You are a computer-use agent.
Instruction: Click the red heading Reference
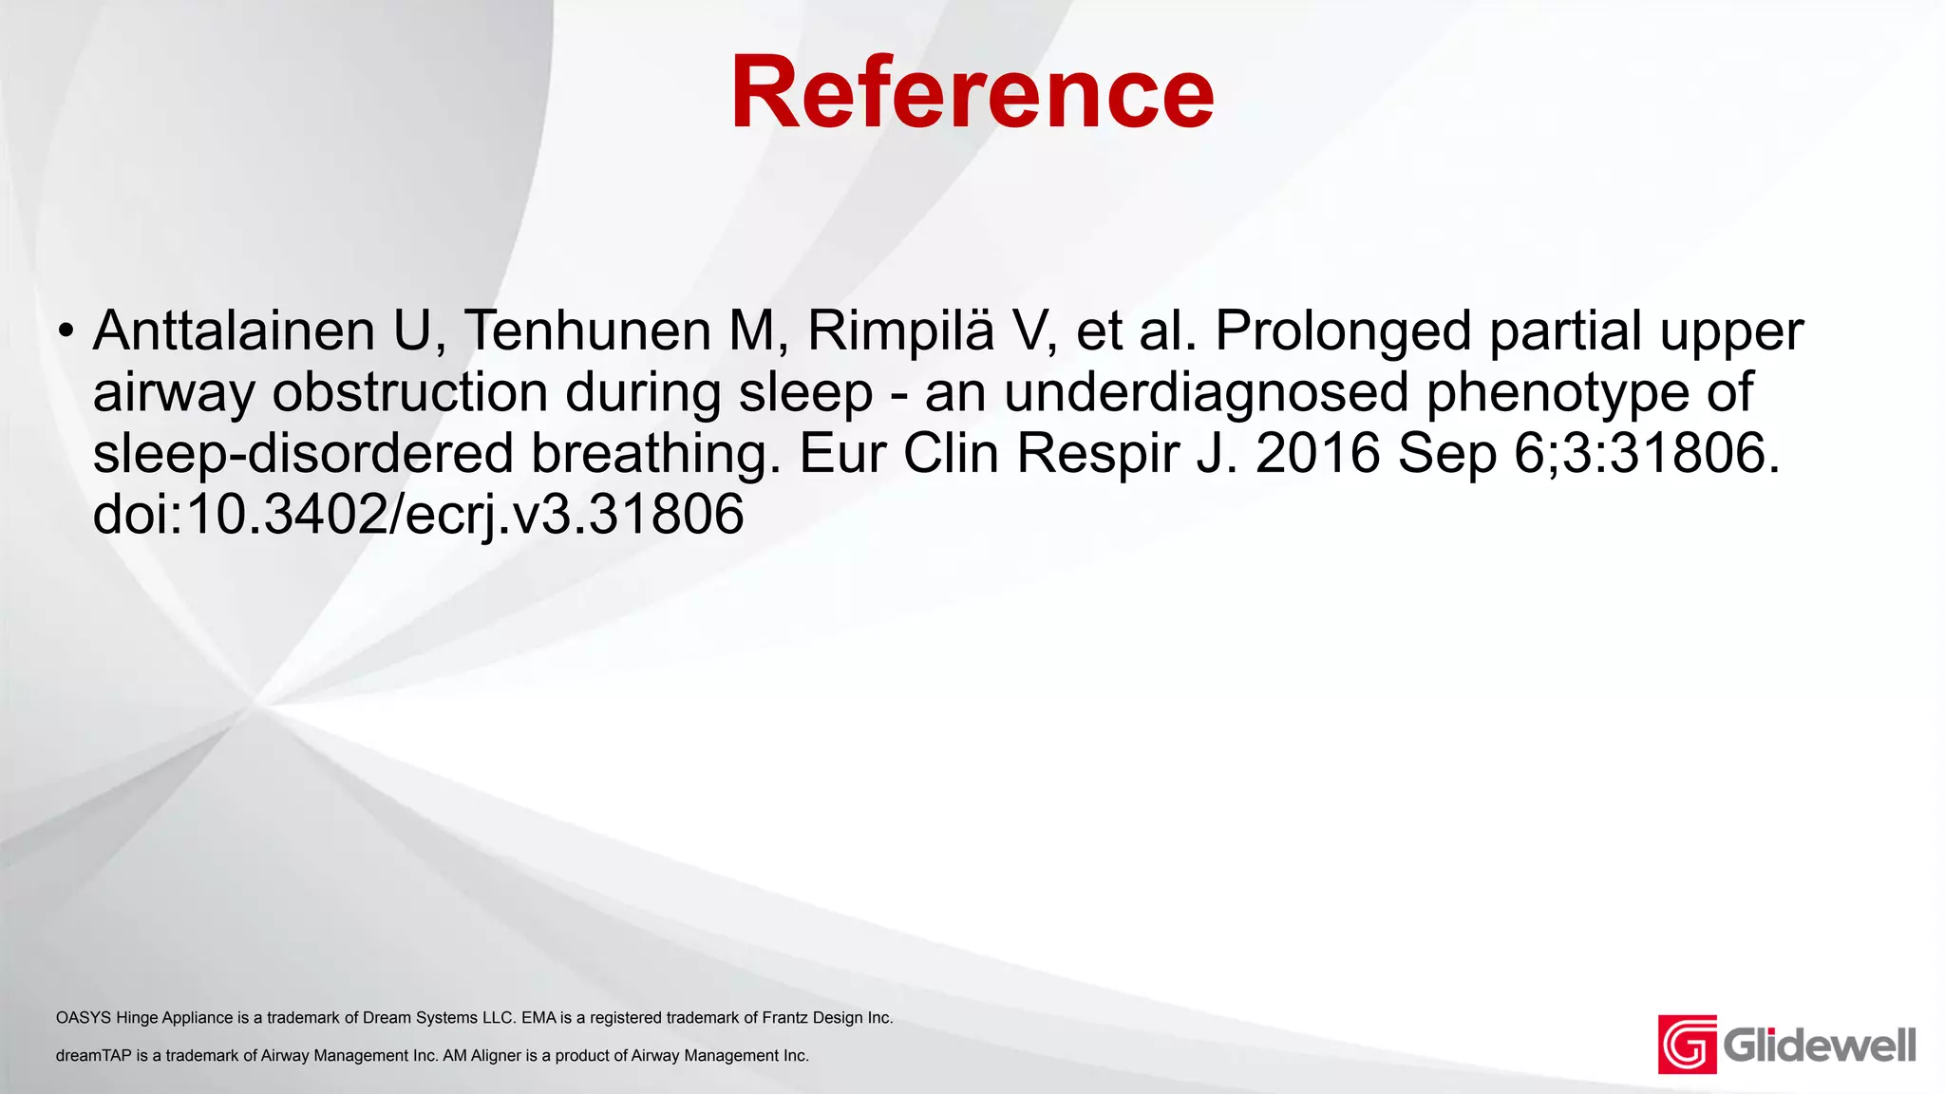[x=972, y=92]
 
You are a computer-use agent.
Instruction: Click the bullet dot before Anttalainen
[x=65, y=331]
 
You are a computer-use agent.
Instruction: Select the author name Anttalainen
[x=234, y=330]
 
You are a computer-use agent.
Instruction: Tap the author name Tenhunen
[x=587, y=330]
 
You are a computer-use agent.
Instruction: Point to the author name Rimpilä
[x=900, y=330]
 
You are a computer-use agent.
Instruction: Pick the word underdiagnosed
[x=1206, y=392]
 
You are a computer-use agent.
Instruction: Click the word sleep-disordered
[x=303, y=453]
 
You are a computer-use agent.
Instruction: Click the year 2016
[x=1318, y=453]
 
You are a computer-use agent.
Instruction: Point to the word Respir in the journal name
[x=1098, y=454]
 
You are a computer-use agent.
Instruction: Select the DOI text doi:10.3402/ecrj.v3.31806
[x=418, y=515]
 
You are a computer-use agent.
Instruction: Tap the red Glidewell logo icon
[x=1687, y=1045]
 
